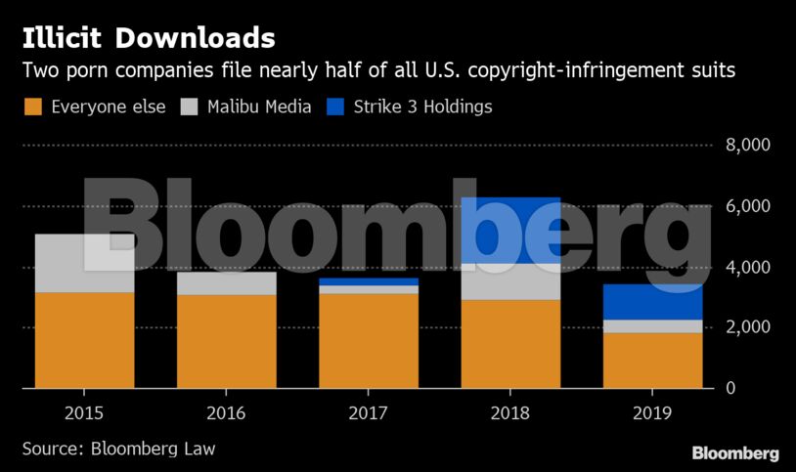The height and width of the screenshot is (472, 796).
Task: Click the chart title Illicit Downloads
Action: [x=149, y=38]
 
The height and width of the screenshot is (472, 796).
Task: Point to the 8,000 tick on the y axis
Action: [x=748, y=146]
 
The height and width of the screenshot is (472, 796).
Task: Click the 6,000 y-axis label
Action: [x=748, y=206]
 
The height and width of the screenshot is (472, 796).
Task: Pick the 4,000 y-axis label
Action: [x=748, y=267]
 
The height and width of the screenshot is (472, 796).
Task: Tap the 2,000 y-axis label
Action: [x=748, y=327]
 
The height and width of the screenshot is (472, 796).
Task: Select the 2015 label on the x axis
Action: [x=84, y=413]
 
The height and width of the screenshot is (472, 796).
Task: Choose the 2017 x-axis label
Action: [x=369, y=413]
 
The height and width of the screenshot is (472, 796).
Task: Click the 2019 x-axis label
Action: [x=653, y=413]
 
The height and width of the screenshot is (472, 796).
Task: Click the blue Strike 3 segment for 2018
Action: [x=510, y=231]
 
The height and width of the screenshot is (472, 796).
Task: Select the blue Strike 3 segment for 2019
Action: [x=653, y=302]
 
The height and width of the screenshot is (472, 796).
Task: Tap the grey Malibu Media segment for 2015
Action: [x=84, y=263]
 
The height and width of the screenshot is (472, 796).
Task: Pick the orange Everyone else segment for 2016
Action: [x=226, y=341]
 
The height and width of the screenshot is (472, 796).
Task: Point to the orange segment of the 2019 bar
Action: [x=653, y=361]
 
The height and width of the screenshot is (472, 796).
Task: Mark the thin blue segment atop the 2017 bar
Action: [x=369, y=281]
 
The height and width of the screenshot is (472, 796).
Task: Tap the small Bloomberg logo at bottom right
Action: [x=734, y=453]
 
